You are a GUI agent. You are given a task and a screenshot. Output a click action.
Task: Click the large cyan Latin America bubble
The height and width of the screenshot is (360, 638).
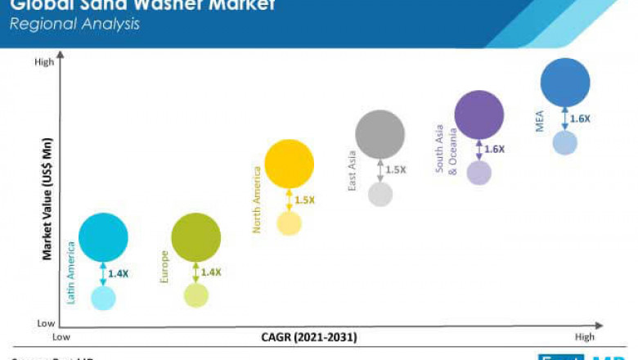tap(103, 237)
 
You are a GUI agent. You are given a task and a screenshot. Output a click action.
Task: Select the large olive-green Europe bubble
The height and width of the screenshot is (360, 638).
tap(196, 237)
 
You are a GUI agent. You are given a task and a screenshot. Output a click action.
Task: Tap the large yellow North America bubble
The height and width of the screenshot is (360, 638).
tap(290, 164)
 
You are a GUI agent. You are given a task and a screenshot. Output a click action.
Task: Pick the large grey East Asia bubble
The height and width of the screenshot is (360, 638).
tap(380, 134)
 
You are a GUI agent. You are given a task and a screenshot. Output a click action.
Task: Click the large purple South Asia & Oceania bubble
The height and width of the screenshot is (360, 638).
tap(478, 115)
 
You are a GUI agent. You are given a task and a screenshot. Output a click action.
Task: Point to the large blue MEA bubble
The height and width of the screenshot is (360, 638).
tap(565, 83)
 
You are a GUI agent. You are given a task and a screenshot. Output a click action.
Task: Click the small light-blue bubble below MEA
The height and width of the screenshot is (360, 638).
tap(565, 142)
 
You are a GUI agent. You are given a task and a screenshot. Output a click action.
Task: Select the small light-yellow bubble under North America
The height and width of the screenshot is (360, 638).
tap(290, 223)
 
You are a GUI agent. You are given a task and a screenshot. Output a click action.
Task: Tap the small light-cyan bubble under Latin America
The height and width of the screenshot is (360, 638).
tap(103, 298)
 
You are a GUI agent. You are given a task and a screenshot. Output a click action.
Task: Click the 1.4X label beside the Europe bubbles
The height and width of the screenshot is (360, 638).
tap(212, 272)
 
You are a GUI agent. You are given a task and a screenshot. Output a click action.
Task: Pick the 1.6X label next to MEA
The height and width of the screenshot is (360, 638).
tap(581, 119)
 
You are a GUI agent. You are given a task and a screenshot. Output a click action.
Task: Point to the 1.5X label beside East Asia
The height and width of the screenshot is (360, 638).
tap(396, 170)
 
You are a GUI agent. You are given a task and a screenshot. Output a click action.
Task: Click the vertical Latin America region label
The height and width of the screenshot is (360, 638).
tap(72, 277)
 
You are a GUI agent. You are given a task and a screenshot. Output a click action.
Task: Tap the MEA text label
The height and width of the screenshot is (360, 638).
tap(539, 122)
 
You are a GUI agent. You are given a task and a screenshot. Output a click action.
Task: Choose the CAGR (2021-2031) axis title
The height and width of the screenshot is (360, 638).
tap(309, 337)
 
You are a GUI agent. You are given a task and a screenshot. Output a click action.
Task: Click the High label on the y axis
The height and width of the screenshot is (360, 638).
tap(44, 62)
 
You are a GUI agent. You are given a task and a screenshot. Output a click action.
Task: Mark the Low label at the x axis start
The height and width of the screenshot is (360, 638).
tap(61, 337)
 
